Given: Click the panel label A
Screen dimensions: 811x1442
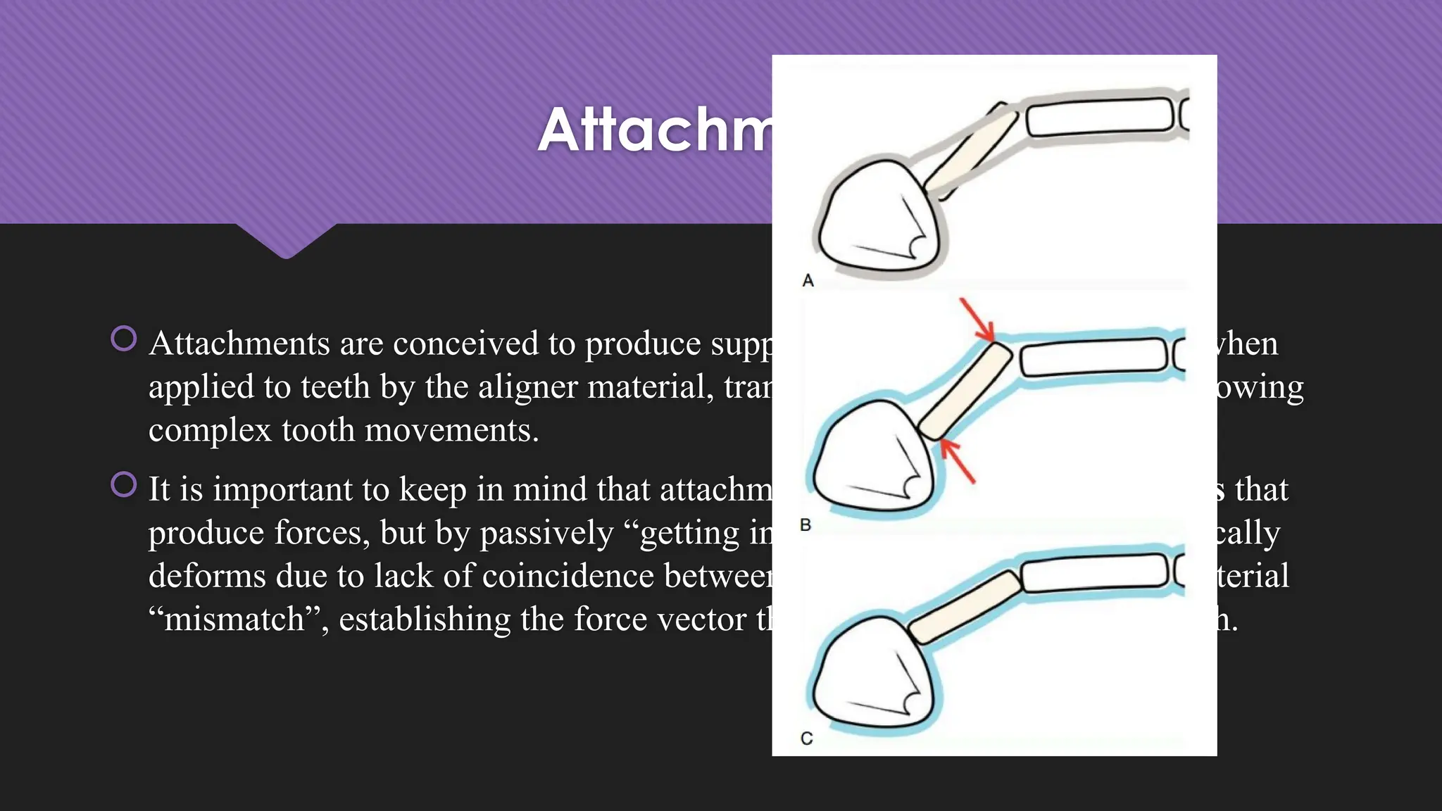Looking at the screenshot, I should pos(808,281).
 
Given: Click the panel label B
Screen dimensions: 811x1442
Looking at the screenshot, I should pos(805,525).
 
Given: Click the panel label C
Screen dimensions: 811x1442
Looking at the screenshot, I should pos(807,738).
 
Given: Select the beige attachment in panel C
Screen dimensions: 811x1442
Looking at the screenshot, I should pos(964,607).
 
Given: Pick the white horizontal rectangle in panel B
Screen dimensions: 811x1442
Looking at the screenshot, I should pos(1093,356).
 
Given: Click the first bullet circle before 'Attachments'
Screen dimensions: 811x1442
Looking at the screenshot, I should pos(124,339).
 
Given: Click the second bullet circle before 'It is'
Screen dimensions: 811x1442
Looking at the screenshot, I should pos(124,484).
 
